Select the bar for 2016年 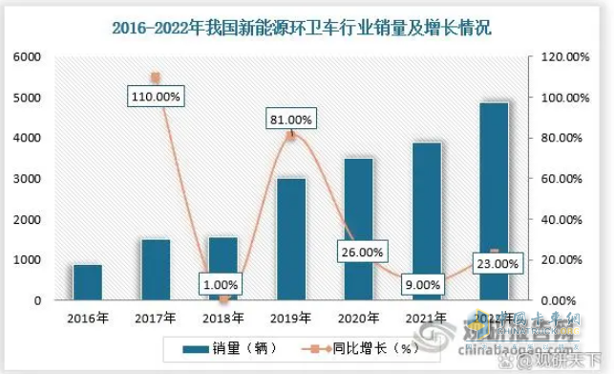point(88,282)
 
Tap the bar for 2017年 point(156,270)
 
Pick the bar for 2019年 point(291,239)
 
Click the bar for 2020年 point(359,230)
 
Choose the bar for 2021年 point(427,221)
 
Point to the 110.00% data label point(159,97)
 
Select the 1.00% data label point(221,284)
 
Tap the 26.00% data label point(360,253)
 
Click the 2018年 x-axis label point(223,317)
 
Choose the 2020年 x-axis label point(359,317)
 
